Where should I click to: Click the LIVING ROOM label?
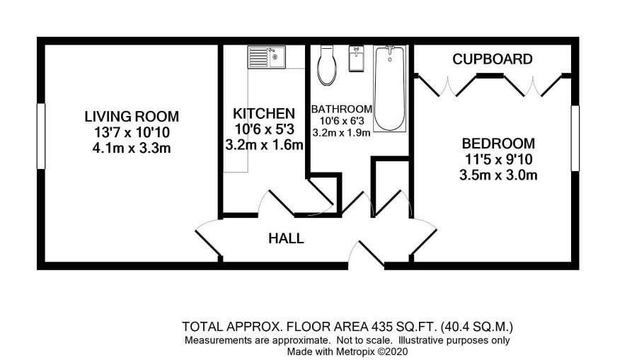click(x=132, y=116)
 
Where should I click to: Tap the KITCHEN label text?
click(x=264, y=113)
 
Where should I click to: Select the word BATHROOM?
click(x=342, y=109)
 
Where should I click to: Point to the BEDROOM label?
click(x=498, y=143)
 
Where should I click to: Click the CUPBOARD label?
click(x=493, y=59)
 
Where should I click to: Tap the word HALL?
click(x=286, y=238)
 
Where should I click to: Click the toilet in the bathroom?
click(x=327, y=64)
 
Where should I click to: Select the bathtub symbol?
click(x=389, y=88)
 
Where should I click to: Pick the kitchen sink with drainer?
click(x=266, y=57)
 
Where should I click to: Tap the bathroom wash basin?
click(x=356, y=58)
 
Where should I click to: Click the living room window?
click(x=41, y=136)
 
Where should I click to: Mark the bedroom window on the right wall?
click(x=575, y=138)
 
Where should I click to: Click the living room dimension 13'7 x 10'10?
click(x=132, y=132)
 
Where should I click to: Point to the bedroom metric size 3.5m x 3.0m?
click(x=498, y=175)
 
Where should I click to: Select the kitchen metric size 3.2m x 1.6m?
click(x=264, y=145)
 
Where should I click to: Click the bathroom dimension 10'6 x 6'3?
click(x=342, y=121)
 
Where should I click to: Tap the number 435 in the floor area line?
click(x=381, y=327)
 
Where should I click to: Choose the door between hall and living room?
click(x=208, y=241)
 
